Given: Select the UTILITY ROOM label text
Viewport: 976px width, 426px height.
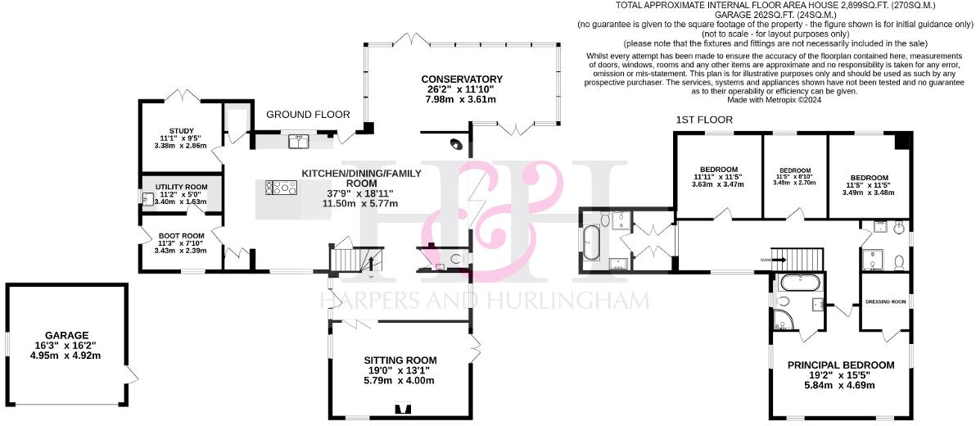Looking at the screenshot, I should pyautogui.click(x=181, y=187).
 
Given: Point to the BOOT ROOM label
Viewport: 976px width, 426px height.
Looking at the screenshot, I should pyautogui.click(x=181, y=235).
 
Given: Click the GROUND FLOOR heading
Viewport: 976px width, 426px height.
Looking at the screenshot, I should pyautogui.click(x=308, y=115).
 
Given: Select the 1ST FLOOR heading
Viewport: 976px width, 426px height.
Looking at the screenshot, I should pyautogui.click(x=704, y=120).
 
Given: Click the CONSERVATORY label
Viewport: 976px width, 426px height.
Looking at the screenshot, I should pyautogui.click(x=463, y=79).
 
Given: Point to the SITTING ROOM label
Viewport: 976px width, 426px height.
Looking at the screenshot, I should pyautogui.click(x=400, y=360).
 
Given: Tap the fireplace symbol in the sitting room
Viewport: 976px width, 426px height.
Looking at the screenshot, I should pyautogui.click(x=401, y=409).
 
